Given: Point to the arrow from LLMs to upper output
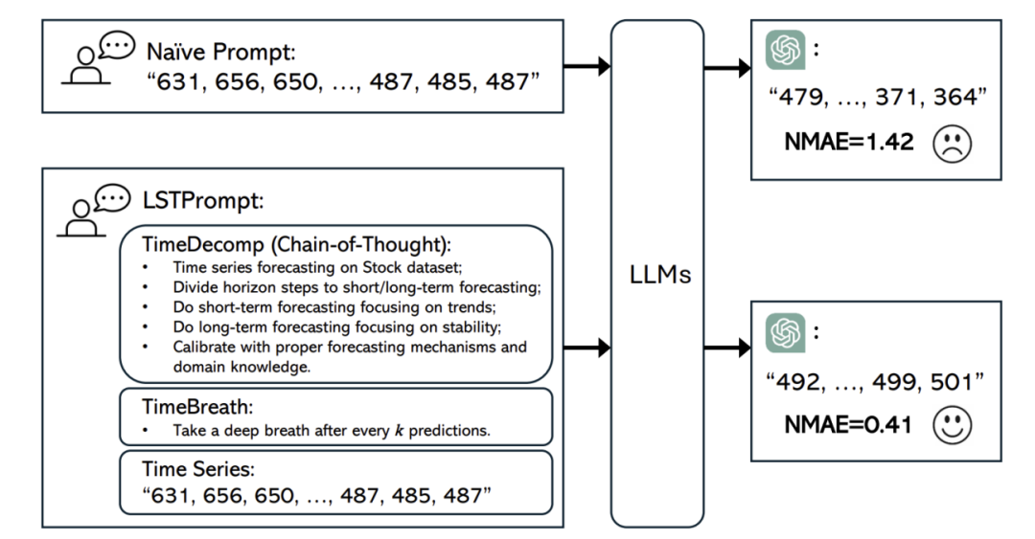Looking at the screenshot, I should tap(727, 68).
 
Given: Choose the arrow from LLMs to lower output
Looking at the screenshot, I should tap(727, 345).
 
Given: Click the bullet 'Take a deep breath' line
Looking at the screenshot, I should tap(331, 430).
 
